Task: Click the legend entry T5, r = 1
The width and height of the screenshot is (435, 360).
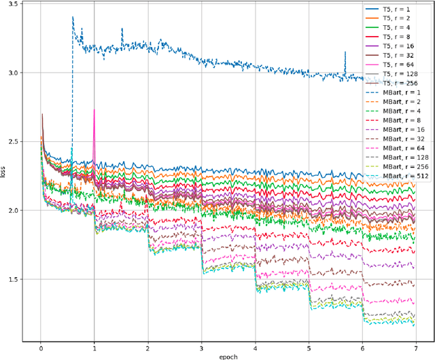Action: point(398,10)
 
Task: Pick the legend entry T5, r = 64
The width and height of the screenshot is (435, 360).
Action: point(398,65)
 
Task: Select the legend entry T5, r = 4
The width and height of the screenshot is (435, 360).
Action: point(398,28)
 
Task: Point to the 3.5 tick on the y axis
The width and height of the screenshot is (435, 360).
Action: point(14,4)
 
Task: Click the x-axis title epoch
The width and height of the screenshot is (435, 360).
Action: point(228,356)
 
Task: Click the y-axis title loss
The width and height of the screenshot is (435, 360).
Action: point(4,173)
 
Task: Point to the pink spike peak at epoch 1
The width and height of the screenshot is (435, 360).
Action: point(94,109)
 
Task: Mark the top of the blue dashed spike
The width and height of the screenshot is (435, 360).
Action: point(72,17)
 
